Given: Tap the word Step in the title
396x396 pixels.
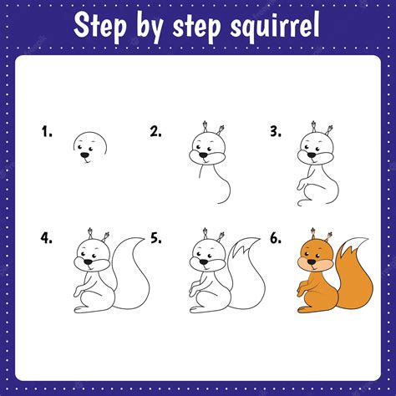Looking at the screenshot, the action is click(100, 26).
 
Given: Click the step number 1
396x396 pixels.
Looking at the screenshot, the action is click(47, 131).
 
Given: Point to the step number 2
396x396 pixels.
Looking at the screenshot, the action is click(156, 131).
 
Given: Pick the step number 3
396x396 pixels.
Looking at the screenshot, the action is click(276, 131).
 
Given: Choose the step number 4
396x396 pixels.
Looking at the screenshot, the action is click(46, 238).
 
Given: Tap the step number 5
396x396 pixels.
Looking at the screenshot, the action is click(156, 238).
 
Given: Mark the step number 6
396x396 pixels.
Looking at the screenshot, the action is click(276, 238).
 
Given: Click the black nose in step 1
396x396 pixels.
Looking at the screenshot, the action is click(84, 155).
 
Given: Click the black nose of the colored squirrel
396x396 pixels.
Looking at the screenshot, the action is click(312, 261).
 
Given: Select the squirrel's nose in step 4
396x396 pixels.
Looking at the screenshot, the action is click(89, 261).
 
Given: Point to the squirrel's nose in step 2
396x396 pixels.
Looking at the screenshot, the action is click(204, 155).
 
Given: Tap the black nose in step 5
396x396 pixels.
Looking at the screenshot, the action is click(204, 261).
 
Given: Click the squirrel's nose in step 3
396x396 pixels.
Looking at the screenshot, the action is click(312, 155).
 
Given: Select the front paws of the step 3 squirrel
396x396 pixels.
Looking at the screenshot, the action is click(301, 185).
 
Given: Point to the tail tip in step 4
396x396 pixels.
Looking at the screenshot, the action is click(143, 238).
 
